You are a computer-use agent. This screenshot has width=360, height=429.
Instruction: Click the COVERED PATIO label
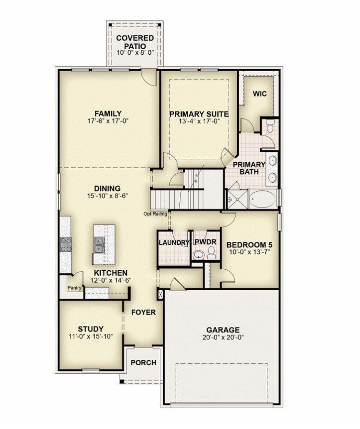[x=135, y=42]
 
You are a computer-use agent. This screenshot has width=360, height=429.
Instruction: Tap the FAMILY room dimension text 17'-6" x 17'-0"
[x=108, y=121]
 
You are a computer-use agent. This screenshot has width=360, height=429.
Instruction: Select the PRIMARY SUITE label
[x=199, y=114]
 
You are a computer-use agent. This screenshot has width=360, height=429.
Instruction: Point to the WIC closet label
[x=259, y=94]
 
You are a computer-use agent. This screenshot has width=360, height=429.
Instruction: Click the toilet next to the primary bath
[x=270, y=126]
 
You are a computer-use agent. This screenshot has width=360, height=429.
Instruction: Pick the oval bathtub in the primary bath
[x=262, y=199]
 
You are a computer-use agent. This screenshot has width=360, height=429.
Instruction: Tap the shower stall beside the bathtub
[x=238, y=199]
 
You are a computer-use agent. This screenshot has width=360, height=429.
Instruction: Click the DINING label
[x=108, y=189]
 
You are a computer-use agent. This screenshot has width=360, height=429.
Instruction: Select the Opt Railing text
[x=155, y=214]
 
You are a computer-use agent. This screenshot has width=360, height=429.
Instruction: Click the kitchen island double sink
[x=98, y=244]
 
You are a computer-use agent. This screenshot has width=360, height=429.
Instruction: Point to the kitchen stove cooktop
[x=66, y=244]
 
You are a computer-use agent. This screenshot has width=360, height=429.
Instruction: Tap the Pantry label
[x=75, y=288]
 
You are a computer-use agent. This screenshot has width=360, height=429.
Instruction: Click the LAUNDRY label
[x=174, y=243]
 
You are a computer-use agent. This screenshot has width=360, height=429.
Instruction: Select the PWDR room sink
[x=198, y=255]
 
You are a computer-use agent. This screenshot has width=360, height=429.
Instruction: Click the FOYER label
[x=143, y=313]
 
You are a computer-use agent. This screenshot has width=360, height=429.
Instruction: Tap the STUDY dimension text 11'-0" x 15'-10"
[x=91, y=336]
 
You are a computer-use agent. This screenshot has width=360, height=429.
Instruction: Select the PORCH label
[x=143, y=363]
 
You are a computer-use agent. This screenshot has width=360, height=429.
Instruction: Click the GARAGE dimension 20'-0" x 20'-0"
[x=223, y=337]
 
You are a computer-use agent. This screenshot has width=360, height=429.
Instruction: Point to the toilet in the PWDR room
[x=211, y=253]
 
